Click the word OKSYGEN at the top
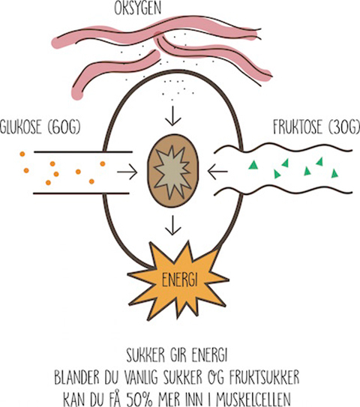[138, 7]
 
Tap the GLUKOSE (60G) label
[40, 127]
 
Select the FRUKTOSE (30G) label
[316, 127]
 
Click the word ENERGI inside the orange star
[179, 280]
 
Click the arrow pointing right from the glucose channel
[127, 172]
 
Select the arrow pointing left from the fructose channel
[217, 172]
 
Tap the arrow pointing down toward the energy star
[173, 225]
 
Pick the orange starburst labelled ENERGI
[178, 280]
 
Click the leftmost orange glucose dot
[22, 154]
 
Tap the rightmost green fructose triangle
[334, 173]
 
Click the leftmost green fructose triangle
[252, 165]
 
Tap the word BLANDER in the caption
[77, 378]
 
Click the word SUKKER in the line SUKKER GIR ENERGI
[145, 355]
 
